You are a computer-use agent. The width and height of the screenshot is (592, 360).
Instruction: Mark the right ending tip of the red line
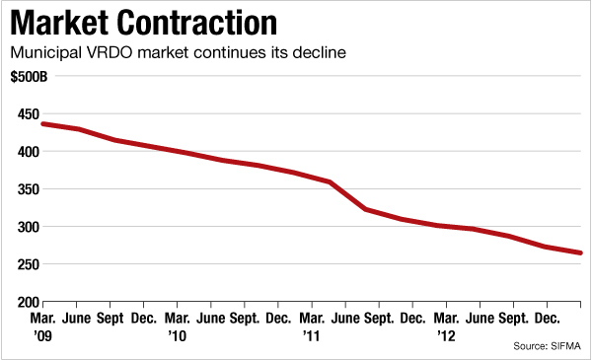point(580,253)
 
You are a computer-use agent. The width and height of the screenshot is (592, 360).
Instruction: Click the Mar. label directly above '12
point(447,319)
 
